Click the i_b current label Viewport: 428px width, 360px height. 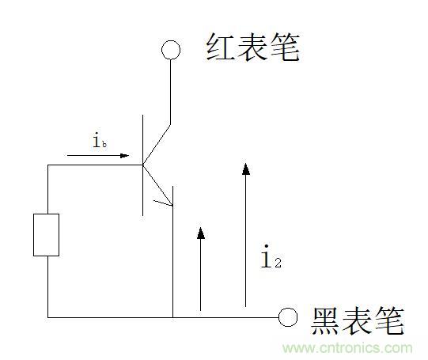100,141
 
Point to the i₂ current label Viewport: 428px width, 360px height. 271,256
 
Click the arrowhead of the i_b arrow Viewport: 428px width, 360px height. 124,156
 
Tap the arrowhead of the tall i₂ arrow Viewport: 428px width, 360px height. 246,169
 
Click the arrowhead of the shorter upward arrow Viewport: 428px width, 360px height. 201,233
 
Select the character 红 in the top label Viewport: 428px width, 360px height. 220,47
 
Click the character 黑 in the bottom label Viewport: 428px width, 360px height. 325,321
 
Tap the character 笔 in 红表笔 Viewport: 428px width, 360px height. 285,47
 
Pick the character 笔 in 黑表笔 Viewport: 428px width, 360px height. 389,321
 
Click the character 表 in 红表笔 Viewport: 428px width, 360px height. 252,47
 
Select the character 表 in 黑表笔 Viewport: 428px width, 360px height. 357,321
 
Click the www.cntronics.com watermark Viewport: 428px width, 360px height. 347,348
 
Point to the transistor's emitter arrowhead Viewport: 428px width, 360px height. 166,202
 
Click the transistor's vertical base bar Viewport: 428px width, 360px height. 142,165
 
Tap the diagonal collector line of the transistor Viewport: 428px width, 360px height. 157,145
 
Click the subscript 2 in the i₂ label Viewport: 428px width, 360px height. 278,263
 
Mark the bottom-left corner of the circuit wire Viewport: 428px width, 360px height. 48,317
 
